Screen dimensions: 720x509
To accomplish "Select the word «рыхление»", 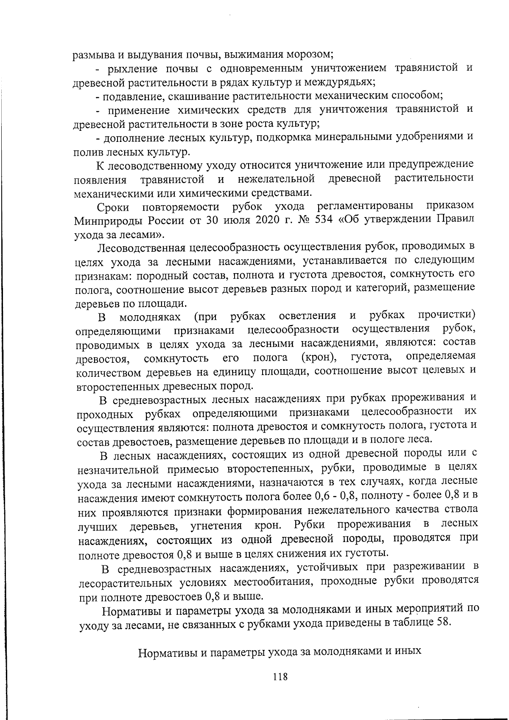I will coord(134,69).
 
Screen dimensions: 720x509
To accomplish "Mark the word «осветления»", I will coord(308,316).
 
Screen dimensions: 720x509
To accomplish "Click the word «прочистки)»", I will coord(447,315).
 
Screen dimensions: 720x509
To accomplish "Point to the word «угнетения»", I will coord(216,526).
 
